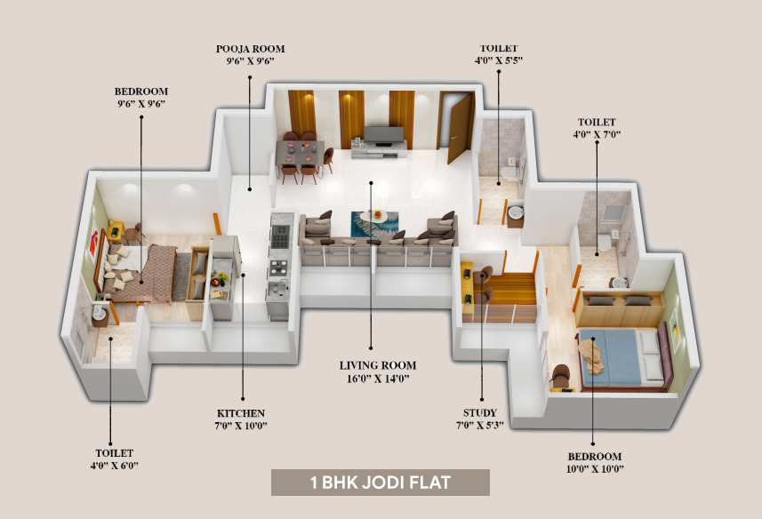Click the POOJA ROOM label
[250, 49]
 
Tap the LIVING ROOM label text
[378, 365]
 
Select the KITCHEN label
[241, 413]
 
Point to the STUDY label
[479, 412]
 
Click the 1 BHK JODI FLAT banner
[380, 483]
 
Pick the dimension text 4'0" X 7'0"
[597, 134]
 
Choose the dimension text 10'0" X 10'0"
[595, 469]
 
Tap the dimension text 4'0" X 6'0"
[114, 466]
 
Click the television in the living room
[384, 134]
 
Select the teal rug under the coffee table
[374, 224]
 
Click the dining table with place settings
[300, 153]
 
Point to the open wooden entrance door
[460, 128]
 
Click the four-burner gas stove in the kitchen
[280, 236]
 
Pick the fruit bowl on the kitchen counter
[219, 279]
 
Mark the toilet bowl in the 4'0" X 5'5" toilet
[509, 172]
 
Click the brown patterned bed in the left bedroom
[139, 273]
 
